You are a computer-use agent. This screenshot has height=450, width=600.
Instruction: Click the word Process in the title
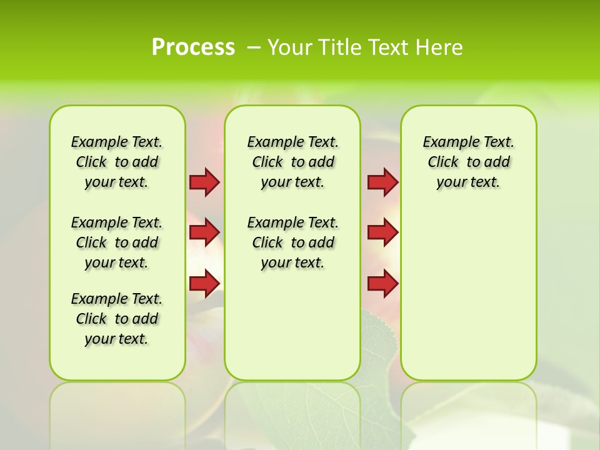[x=193, y=47]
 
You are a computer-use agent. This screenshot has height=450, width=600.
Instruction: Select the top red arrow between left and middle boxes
[x=204, y=182]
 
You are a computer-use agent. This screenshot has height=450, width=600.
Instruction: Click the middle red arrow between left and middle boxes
[x=204, y=232]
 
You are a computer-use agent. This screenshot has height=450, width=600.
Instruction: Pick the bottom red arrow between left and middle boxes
[x=204, y=283]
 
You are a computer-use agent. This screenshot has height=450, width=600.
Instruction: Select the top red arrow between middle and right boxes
[x=382, y=182]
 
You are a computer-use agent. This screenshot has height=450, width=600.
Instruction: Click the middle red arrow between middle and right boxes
[x=382, y=232]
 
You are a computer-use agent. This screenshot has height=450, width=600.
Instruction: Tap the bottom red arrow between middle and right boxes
[x=382, y=283]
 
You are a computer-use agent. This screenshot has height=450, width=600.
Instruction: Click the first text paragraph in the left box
[x=117, y=162]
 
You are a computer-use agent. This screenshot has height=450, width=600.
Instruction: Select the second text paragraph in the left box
[x=117, y=242]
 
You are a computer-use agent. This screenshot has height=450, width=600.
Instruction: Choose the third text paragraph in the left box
[x=117, y=319]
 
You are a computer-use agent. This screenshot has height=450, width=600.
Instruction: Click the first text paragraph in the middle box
[x=292, y=162]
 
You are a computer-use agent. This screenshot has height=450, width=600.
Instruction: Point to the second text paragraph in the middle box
[x=292, y=242]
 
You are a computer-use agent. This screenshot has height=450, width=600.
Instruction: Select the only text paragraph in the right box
[x=468, y=162]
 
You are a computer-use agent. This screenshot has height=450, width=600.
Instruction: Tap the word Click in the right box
[x=443, y=162]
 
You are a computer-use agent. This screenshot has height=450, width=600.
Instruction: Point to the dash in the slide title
[x=254, y=47]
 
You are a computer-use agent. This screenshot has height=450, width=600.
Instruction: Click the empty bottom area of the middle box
[x=292, y=331]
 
